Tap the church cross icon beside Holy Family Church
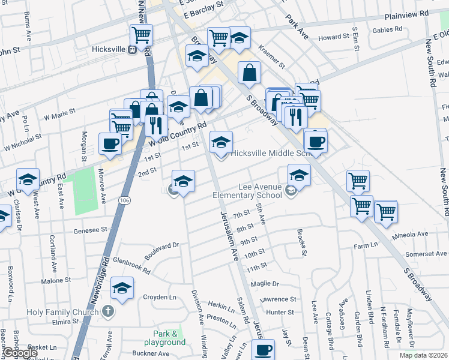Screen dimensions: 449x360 tap(108, 311)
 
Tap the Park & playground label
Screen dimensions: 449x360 tap(169, 338)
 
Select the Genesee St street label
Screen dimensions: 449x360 tap(90, 229)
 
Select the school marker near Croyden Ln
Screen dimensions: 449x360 tap(122, 289)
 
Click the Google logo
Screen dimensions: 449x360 tap(20, 353)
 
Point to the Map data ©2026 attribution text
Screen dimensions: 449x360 tap(423, 355)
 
